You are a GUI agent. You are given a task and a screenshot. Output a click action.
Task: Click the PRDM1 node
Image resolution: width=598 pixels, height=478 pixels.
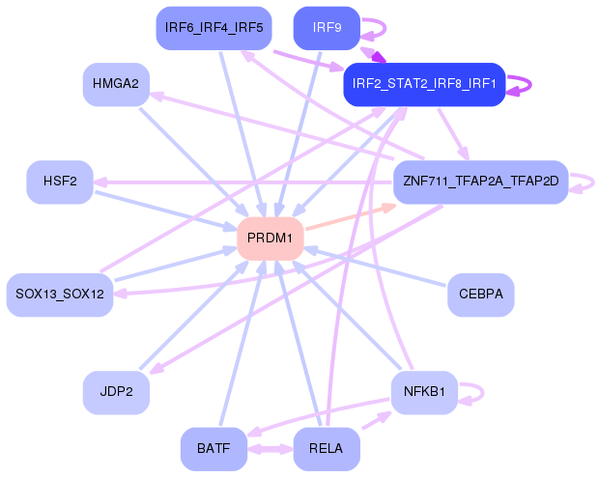pos(271,238)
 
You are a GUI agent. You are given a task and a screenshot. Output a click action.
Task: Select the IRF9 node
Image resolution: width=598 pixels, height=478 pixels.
pos(327,27)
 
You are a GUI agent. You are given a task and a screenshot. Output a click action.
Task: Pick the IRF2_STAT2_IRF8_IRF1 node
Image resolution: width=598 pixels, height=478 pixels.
pos(424,84)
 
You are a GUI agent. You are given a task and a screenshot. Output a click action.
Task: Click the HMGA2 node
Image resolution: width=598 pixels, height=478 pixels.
pos(116,84)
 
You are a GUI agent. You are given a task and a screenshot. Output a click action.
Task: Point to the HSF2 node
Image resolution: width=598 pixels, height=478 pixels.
pos(60,182)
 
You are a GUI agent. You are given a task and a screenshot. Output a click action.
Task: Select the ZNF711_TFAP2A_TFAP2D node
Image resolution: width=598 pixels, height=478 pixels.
pos(480,182)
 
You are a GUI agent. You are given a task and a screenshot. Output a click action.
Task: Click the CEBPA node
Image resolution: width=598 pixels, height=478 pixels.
pos(480,293)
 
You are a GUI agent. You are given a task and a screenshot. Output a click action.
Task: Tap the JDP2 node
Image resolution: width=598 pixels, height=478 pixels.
pos(116,391)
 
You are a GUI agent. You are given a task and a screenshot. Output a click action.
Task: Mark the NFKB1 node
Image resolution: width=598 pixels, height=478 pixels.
pos(424,391)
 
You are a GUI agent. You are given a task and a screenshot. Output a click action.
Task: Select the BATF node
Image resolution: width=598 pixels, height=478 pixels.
pos(214,448)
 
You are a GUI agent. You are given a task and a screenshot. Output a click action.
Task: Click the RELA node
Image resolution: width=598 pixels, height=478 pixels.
pos(327,448)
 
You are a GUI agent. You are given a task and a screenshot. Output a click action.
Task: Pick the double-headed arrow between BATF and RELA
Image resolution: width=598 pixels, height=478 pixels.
pos(270,449)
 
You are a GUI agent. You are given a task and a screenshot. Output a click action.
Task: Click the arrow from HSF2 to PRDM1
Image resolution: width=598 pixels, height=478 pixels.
pos(164,210)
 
